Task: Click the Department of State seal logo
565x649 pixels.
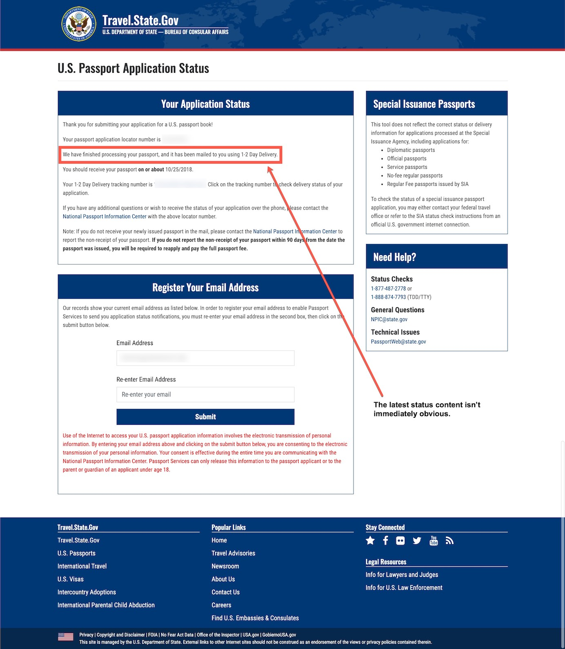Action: (x=79, y=24)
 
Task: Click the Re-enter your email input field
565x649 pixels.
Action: (x=205, y=394)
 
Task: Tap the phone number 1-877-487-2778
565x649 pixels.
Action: (x=388, y=288)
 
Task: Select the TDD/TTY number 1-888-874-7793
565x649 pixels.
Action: (x=388, y=297)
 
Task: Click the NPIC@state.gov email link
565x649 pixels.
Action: (x=389, y=319)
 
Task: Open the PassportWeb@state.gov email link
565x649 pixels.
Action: (x=398, y=341)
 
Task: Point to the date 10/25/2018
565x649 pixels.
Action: (x=179, y=169)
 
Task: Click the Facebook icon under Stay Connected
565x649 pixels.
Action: (x=385, y=540)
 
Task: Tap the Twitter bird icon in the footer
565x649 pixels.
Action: (x=417, y=540)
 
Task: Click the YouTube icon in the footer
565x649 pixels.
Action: (x=434, y=540)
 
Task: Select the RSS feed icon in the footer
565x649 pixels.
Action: (x=449, y=540)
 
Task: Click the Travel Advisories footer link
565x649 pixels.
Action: (x=233, y=553)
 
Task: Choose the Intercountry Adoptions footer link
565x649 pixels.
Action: (x=87, y=592)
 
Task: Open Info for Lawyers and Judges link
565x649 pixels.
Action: (x=402, y=575)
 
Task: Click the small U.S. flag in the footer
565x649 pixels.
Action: (x=66, y=637)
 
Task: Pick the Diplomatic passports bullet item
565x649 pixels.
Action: (x=411, y=150)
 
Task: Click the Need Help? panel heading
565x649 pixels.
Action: (x=394, y=257)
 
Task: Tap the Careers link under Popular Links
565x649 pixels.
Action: (x=221, y=605)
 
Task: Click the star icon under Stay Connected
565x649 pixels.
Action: (x=370, y=540)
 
